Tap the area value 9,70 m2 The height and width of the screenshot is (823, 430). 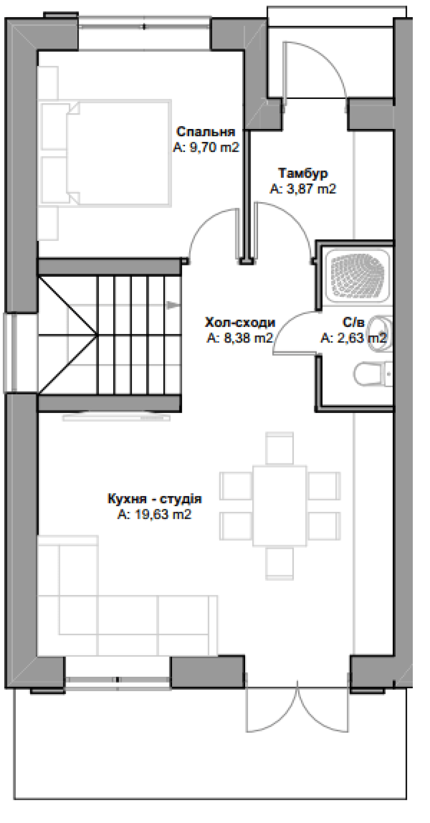click(206, 148)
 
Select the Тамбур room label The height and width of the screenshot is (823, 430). click(303, 173)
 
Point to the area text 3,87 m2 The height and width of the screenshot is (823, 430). click(303, 189)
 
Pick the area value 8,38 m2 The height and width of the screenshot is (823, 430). click(240, 339)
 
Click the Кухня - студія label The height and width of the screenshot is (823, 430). click(154, 499)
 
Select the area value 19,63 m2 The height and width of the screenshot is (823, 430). click(154, 515)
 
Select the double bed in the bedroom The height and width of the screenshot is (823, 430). click(105, 153)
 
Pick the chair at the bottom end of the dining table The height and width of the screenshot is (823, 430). click(280, 563)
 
